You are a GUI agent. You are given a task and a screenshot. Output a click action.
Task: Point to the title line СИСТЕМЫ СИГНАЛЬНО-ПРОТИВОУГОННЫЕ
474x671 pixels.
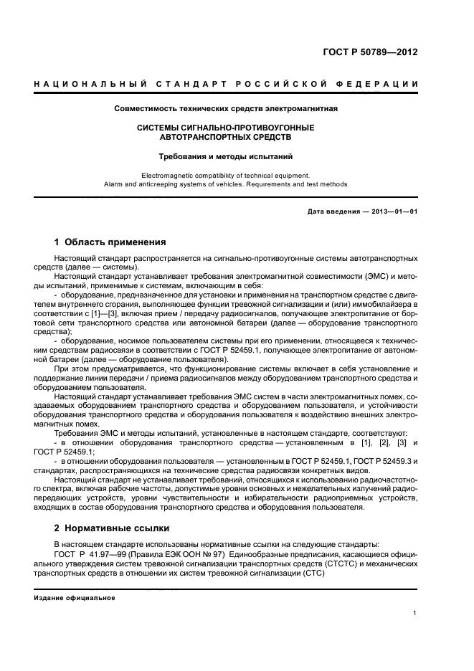click(226, 127)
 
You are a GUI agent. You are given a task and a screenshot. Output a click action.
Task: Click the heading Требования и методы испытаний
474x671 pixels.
click(226, 156)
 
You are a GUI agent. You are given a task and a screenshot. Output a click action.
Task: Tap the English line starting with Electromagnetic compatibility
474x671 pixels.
click(226, 174)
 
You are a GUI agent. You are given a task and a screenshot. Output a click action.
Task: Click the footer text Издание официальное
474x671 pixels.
click(75, 597)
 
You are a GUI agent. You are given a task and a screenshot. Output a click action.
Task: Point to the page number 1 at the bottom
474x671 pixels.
click(415, 613)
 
